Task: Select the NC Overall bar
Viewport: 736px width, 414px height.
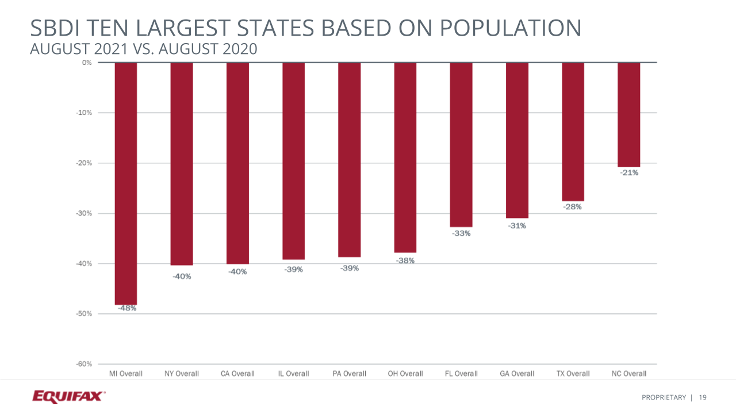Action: tap(628, 114)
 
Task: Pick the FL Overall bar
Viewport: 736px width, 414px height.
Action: tap(461, 144)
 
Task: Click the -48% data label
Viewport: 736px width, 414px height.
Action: tap(127, 308)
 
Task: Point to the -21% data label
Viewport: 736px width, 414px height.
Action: tap(629, 172)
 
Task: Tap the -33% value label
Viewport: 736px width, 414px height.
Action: tap(461, 233)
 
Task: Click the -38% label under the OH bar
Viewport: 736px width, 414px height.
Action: tap(405, 260)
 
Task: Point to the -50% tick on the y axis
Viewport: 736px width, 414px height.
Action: tap(84, 314)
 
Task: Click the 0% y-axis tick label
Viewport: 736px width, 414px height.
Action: tap(86, 62)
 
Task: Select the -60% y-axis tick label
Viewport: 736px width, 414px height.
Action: tap(84, 364)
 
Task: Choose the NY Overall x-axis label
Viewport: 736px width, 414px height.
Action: tap(182, 374)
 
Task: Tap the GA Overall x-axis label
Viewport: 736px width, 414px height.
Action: tap(517, 374)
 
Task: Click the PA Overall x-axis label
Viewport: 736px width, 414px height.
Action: tap(349, 374)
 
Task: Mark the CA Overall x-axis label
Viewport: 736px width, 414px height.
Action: tap(237, 374)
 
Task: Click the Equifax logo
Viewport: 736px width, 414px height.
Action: tap(68, 396)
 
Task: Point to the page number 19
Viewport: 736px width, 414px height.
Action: tap(703, 397)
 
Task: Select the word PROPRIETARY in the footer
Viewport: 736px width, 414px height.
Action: tap(664, 397)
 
